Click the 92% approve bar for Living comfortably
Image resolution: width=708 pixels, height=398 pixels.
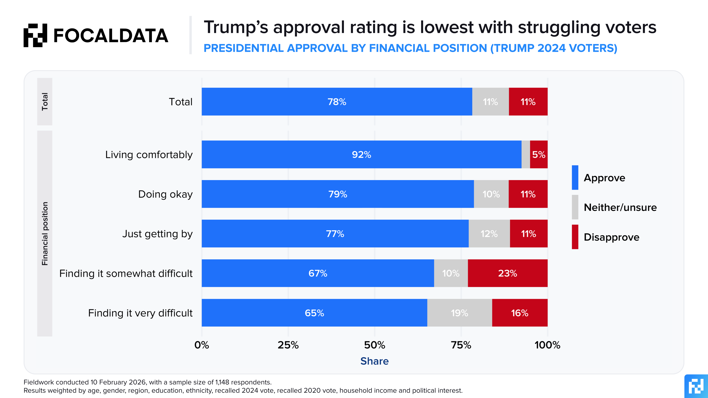coord(361,154)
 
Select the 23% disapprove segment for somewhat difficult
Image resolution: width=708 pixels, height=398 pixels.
coord(507,273)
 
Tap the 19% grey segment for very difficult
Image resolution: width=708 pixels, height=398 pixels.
coord(459,313)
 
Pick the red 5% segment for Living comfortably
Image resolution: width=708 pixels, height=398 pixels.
coord(539,154)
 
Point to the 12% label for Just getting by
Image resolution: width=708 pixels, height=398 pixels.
coord(489,234)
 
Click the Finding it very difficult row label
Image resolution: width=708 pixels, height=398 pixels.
coord(140,313)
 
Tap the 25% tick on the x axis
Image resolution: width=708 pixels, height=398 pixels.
coord(288,345)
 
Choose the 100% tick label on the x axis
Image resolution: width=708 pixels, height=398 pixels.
coord(547,345)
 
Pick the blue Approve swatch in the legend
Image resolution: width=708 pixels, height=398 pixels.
coord(575,177)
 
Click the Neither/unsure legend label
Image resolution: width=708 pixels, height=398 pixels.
coord(620,207)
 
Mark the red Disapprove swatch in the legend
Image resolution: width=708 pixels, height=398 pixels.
coord(575,237)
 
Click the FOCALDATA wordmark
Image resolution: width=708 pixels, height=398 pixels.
coord(110,36)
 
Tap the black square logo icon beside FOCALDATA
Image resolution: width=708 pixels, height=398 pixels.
coord(35,35)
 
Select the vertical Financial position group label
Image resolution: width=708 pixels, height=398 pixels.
coord(45,233)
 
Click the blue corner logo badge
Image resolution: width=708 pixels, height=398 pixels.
coord(696,387)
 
